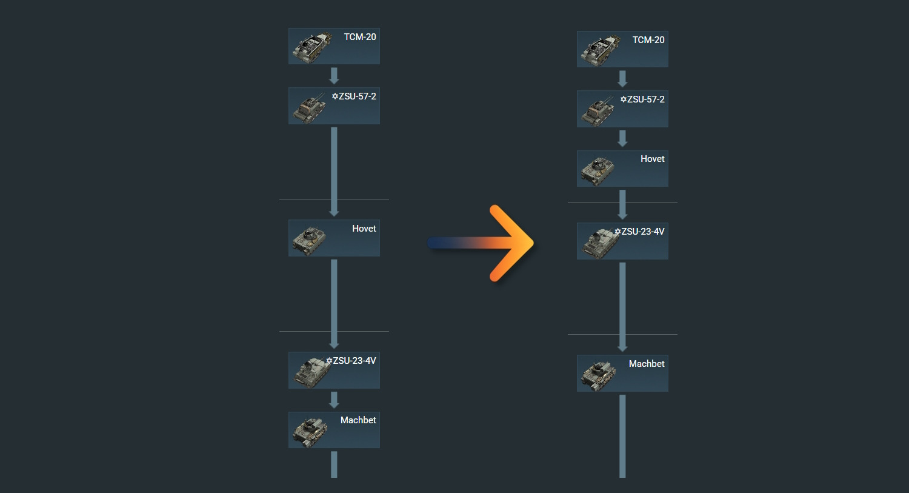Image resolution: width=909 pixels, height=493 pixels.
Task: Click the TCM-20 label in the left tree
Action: click(360, 37)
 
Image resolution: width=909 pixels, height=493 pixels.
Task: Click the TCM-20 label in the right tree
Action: click(648, 40)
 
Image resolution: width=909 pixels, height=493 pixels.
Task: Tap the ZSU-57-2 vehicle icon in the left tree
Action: click(310, 108)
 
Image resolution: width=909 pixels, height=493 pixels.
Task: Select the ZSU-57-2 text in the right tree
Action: click(645, 99)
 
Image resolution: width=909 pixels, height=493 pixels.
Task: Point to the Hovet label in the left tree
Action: click(364, 229)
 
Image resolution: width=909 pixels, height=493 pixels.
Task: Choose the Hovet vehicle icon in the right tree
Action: click(598, 170)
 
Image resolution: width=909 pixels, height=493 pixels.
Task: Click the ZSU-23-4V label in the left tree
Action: click(355, 361)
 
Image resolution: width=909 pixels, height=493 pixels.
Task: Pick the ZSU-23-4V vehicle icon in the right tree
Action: click(599, 243)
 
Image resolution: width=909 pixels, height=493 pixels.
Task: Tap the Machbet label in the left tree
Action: click(358, 420)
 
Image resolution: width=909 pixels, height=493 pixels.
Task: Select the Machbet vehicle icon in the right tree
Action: click(598, 375)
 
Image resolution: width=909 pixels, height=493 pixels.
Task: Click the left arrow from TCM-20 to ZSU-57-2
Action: click(334, 76)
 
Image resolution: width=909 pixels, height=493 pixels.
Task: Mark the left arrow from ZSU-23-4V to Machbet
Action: click(334, 400)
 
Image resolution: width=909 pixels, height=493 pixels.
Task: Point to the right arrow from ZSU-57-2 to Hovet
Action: click(622, 139)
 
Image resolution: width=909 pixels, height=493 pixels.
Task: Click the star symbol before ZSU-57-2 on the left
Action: click(335, 96)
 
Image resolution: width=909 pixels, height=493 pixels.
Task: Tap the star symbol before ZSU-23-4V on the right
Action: click(618, 232)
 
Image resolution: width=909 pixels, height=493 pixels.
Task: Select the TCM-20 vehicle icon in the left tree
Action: click(311, 47)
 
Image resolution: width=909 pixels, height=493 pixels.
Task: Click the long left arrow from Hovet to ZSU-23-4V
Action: click(334, 303)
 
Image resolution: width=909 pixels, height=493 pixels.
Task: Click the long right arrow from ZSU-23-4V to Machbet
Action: click(622, 306)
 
